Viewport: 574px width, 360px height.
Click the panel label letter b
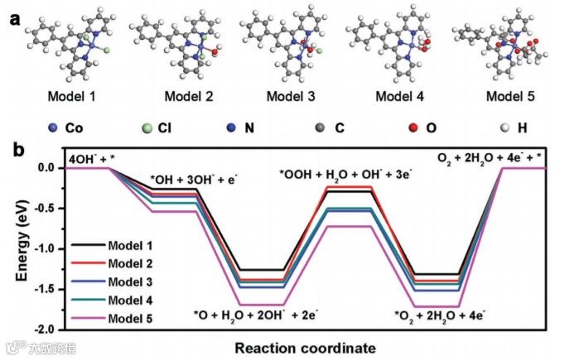click(14, 151)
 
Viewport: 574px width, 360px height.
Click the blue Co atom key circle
click(53, 128)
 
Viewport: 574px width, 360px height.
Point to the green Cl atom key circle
click(146, 128)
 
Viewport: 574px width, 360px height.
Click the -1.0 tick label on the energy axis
click(46, 248)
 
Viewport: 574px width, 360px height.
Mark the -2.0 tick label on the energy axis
click(46, 329)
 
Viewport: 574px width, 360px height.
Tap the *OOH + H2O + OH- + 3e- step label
click(345, 174)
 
